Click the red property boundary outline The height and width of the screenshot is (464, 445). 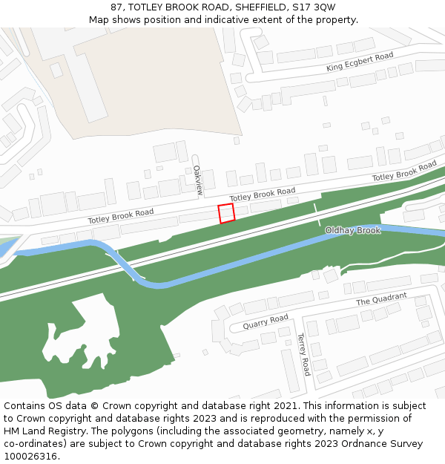(226, 213)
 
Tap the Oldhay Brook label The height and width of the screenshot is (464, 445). (352, 231)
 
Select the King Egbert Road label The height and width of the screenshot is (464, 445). (360, 62)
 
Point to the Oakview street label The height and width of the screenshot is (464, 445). (198, 180)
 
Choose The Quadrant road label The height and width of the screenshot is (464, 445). (381, 299)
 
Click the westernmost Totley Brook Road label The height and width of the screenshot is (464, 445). (121, 216)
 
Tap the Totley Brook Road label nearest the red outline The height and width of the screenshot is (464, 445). (263, 195)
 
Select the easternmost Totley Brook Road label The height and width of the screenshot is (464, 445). (404, 171)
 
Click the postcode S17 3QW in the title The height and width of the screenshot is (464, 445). (315, 7)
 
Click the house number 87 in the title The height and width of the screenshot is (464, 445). (116, 7)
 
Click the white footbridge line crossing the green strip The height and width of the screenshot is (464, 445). (317, 215)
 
